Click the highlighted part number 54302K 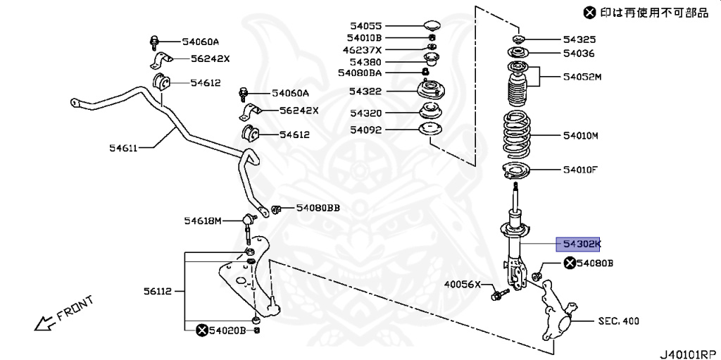[579, 244]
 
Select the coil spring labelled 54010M [518, 135]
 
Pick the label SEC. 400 [619, 321]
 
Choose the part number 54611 [123, 148]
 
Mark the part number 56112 [160, 290]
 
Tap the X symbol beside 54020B [201, 330]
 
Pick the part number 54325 [579, 39]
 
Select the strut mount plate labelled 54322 [430, 92]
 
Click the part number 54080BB [318, 208]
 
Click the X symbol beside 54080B [569, 263]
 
